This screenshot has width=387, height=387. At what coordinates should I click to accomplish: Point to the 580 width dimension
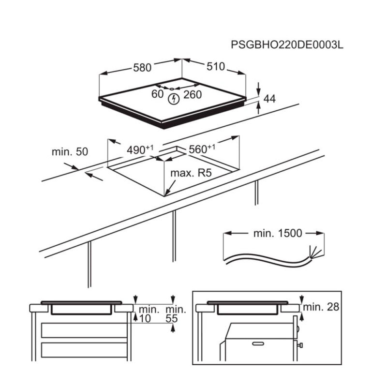143,68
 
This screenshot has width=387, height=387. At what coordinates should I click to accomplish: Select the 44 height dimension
270,99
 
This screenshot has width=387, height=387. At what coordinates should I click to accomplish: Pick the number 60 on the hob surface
158,94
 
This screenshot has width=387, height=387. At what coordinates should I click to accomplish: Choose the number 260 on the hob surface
192,95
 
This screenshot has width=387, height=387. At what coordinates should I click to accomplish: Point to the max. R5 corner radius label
191,174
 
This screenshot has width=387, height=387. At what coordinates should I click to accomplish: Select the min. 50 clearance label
70,152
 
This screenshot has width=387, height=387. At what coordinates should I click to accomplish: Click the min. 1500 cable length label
278,233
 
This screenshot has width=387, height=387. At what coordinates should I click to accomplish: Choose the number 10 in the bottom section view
145,319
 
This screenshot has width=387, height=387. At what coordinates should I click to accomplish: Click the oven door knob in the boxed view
301,345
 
